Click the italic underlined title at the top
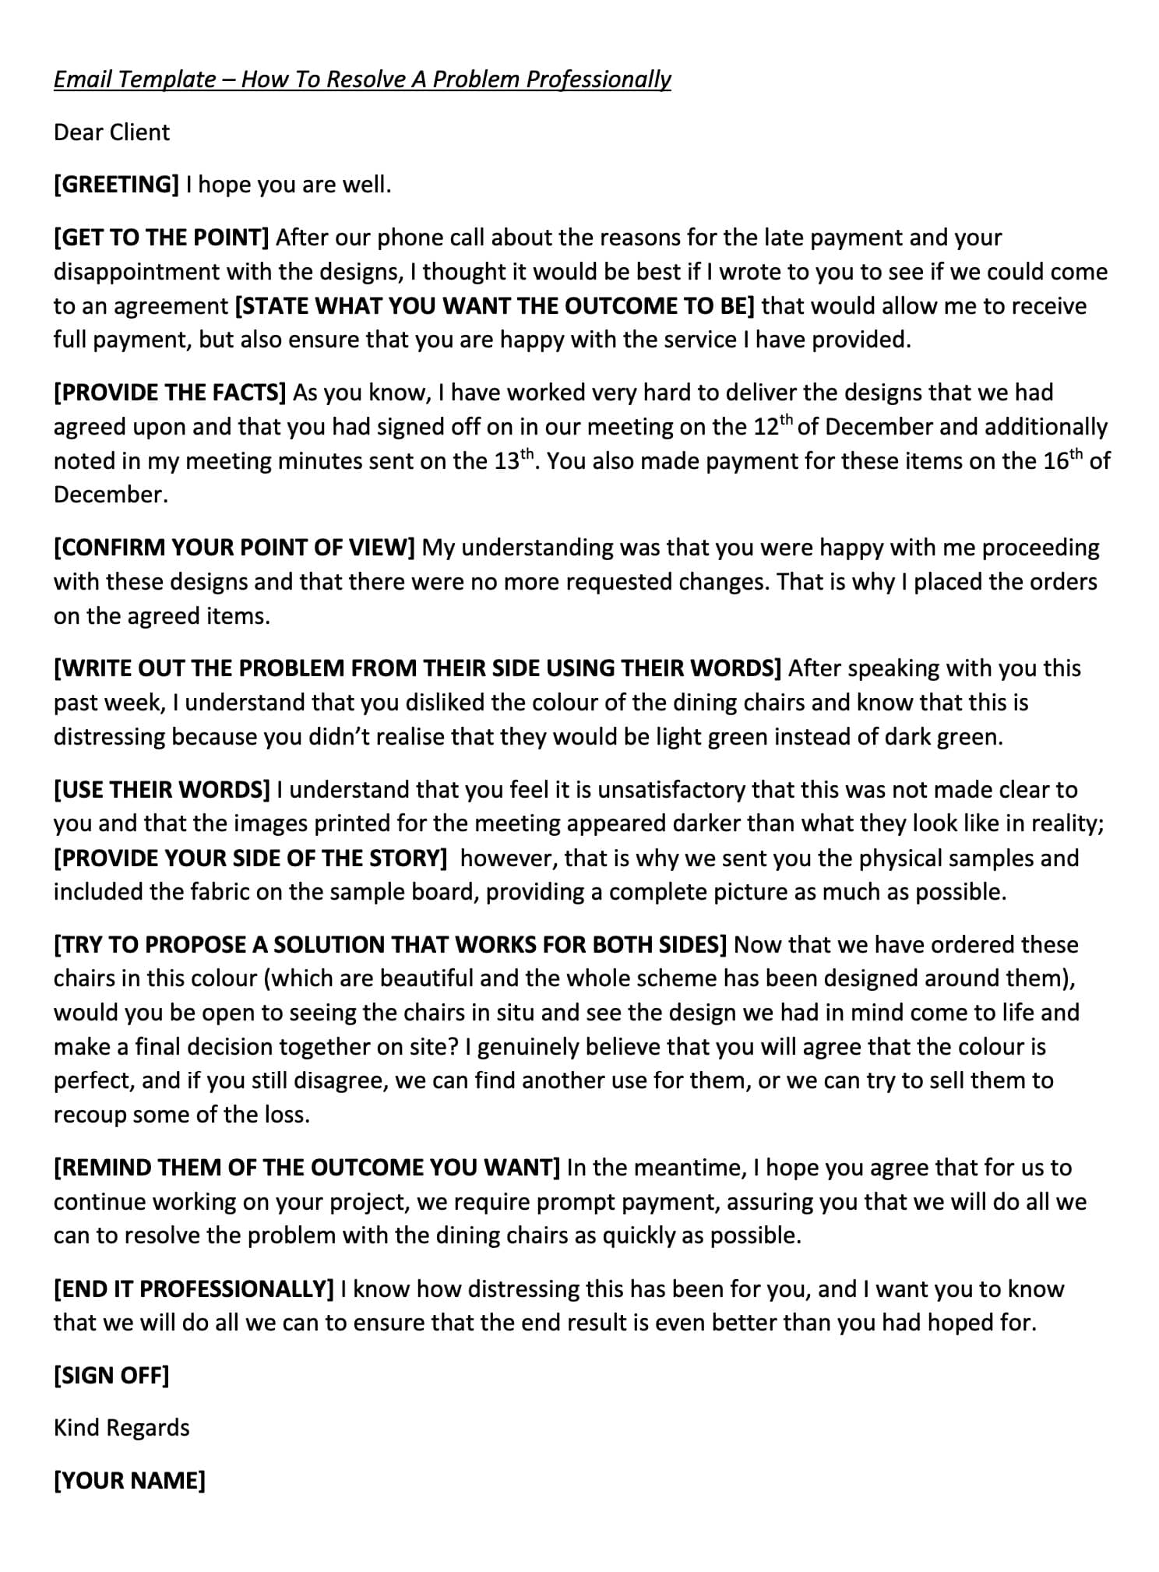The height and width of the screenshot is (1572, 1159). (362, 79)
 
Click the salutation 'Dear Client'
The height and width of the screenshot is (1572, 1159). (111, 132)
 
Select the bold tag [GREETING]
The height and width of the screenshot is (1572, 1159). (117, 185)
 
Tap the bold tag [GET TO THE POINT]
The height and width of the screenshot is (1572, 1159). (161, 238)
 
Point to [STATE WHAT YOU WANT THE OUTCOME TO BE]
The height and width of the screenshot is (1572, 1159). (495, 306)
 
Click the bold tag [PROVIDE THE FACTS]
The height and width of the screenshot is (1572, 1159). (170, 393)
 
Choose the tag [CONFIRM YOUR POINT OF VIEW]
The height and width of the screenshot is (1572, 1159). (234, 548)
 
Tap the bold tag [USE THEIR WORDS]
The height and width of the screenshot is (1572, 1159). (162, 790)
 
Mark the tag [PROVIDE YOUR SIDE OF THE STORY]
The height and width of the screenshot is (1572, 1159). (250, 858)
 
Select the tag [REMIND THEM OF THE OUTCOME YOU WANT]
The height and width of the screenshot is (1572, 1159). (307, 1168)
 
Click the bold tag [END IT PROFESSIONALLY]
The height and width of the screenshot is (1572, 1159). (194, 1289)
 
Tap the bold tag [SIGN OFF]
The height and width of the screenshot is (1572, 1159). (111, 1376)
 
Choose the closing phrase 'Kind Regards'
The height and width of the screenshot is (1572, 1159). (122, 1428)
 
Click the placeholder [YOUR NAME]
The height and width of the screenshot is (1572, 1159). (129, 1480)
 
